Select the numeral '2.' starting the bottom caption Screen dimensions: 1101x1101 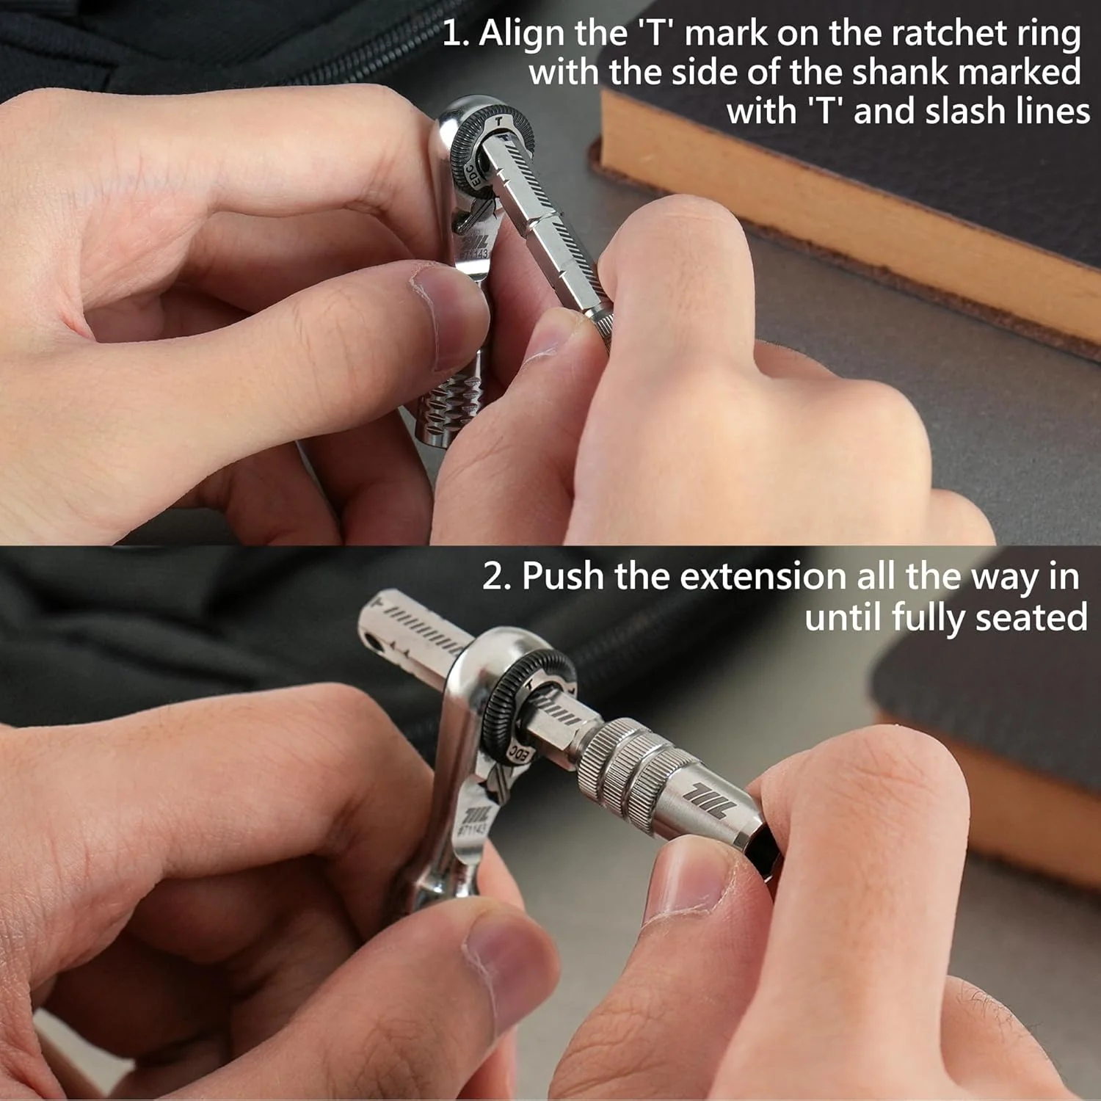point(497,577)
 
